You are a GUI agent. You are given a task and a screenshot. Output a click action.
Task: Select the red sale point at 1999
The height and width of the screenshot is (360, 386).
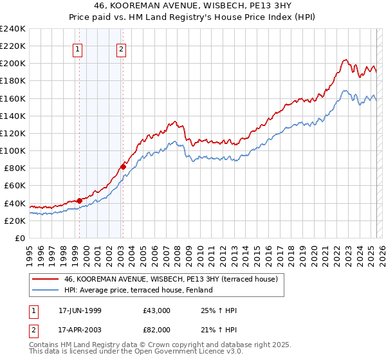coord(80,201)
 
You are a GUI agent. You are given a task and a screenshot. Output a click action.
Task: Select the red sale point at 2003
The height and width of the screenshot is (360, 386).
coord(123,166)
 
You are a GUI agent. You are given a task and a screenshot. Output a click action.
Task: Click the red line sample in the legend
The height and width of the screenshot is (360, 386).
coord(46,279)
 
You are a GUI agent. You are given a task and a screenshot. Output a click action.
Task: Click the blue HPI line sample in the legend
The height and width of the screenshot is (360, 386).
coord(46,290)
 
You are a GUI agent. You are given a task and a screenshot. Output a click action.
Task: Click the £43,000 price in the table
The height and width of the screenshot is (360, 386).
coord(157,310)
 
